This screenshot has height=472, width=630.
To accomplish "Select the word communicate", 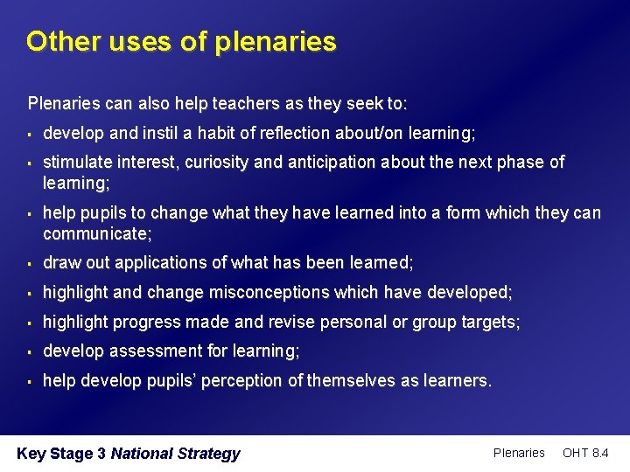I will [x=95, y=233].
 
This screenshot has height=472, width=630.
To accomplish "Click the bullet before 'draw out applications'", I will [x=30, y=263].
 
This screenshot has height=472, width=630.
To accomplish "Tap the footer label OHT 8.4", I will [x=585, y=453].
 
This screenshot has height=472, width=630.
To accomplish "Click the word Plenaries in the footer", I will [x=519, y=453].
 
